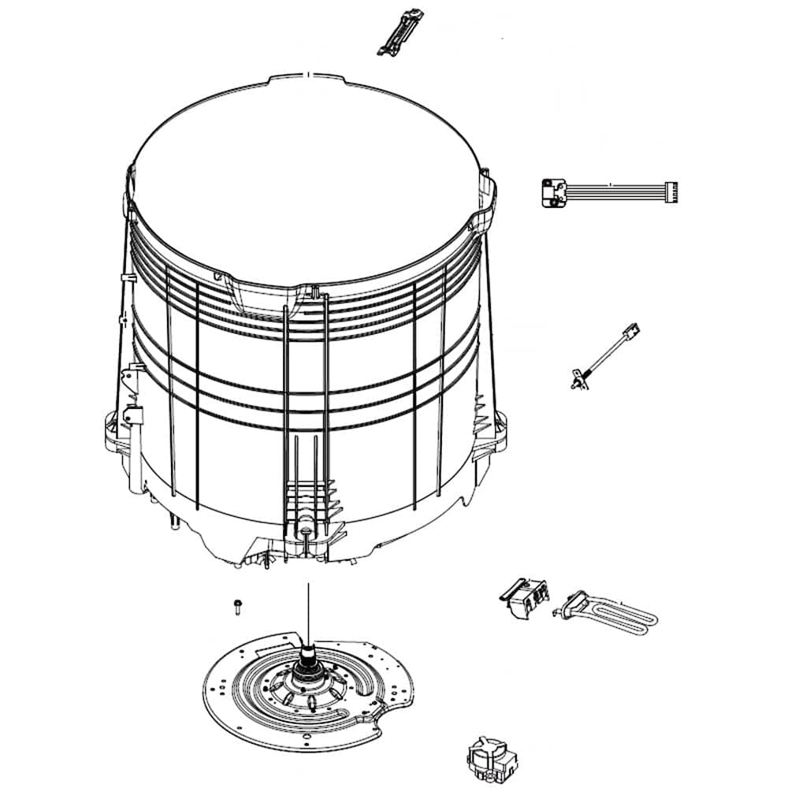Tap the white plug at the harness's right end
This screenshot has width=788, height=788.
click(x=671, y=191)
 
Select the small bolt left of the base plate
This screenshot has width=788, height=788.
click(x=236, y=605)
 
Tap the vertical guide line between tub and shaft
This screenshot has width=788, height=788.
click(x=307, y=607)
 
